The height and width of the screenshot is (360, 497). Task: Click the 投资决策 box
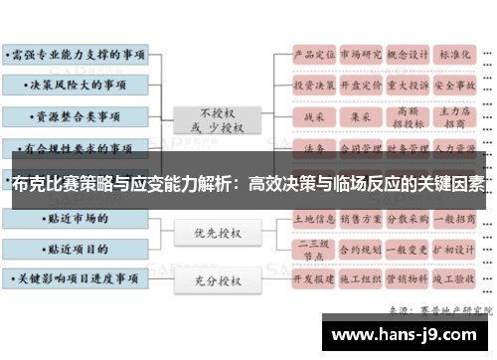pos(312,86)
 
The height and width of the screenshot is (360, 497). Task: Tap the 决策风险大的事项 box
pos(77,84)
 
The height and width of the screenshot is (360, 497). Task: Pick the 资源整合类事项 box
pos(77,116)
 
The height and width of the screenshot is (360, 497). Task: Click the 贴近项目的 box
pos(77,246)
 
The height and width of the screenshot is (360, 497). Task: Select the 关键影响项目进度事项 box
pos(77,279)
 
